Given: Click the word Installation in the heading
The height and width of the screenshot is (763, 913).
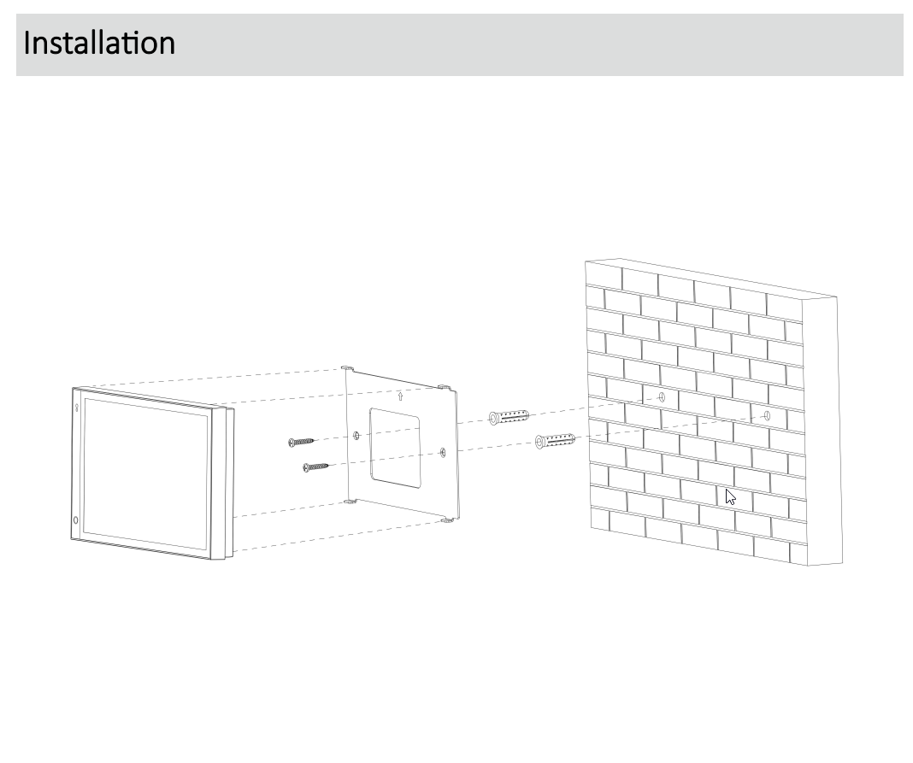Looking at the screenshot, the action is pyautogui.click(x=99, y=43).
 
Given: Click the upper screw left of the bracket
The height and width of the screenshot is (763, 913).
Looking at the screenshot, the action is pyautogui.click(x=302, y=443).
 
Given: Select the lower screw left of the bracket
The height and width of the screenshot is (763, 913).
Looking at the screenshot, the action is pyautogui.click(x=316, y=467).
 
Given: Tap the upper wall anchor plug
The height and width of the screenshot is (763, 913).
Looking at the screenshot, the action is pyautogui.click(x=509, y=417).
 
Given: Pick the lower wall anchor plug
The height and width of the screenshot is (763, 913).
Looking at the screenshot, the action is pyautogui.click(x=555, y=441).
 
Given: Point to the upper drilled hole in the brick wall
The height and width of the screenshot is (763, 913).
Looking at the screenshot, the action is pyautogui.click(x=662, y=397).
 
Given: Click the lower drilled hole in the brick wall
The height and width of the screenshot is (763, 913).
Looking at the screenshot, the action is pyautogui.click(x=767, y=415).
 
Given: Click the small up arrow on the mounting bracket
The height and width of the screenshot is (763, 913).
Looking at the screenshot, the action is pyautogui.click(x=400, y=396).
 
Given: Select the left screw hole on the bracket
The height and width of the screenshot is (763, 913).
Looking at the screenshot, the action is pyautogui.click(x=356, y=436).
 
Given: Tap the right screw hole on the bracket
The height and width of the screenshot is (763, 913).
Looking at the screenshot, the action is pyautogui.click(x=443, y=452).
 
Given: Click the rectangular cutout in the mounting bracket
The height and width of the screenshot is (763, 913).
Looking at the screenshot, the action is pyautogui.click(x=395, y=448).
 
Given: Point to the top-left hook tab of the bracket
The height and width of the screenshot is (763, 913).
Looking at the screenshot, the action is pyautogui.click(x=347, y=368).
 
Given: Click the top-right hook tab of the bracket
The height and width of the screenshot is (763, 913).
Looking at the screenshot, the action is pyautogui.click(x=445, y=387).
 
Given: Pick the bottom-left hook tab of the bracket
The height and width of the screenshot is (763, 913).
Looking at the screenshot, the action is pyautogui.click(x=350, y=501).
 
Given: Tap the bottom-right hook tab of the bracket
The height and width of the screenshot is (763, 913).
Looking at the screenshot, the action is pyautogui.click(x=448, y=520).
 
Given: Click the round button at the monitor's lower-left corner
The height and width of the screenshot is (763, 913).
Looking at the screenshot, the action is pyautogui.click(x=76, y=520).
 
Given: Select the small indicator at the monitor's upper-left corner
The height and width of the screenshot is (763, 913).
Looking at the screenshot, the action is pyautogui.click(x=76, y=408).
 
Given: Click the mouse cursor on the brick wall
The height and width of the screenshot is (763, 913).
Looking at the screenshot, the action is pyautogui.click(x=731, y=497).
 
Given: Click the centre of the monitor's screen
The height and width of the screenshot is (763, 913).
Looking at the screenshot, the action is pyautogui.click(x=145, y=473).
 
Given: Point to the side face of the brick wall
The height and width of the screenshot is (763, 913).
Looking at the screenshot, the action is pyautogui.click(x=822, y=431).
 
